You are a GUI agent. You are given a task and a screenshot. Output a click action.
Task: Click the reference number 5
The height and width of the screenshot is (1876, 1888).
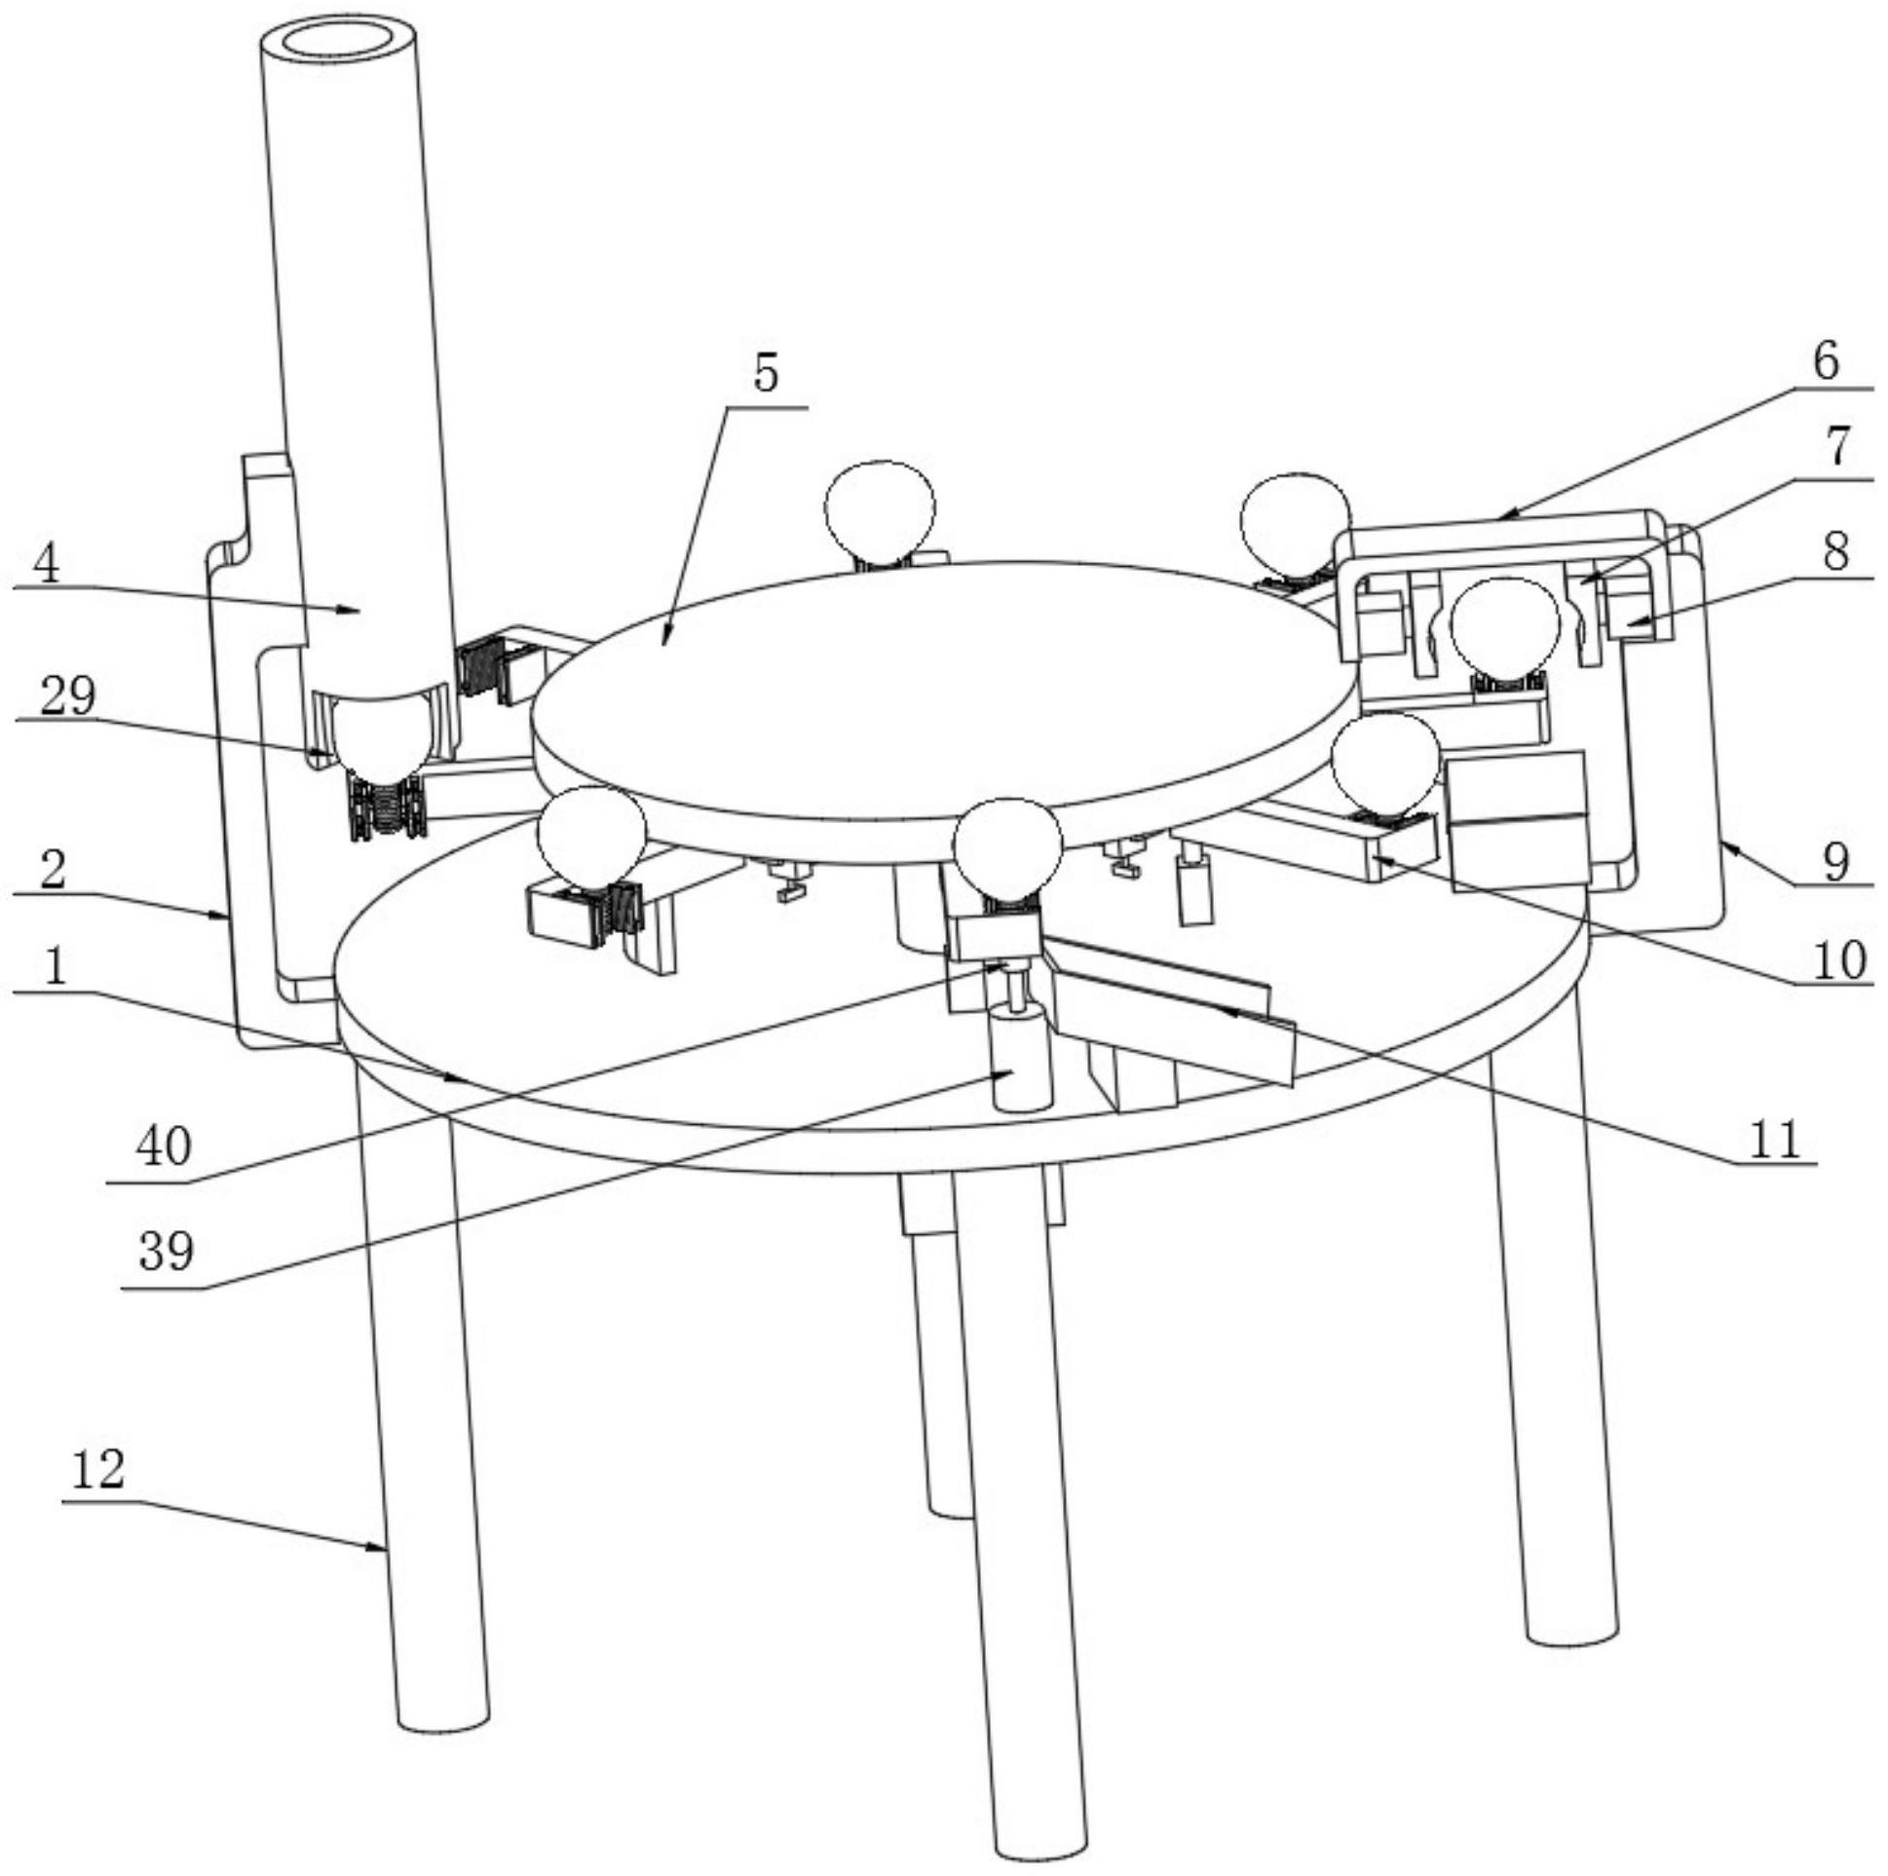[x=765, y=373]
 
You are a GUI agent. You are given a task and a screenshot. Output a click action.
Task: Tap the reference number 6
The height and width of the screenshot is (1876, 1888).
[x=1825, y=360]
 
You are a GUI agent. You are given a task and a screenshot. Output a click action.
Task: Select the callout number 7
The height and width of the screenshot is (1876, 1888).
[x=1837, y=447]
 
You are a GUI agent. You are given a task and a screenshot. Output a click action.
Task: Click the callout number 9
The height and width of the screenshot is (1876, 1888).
[x=1835, y=860]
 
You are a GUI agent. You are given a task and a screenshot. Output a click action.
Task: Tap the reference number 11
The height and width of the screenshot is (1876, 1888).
[x=1774, y=1139]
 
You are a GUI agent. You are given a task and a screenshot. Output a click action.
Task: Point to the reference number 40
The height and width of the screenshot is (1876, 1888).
[x=164, y=1146]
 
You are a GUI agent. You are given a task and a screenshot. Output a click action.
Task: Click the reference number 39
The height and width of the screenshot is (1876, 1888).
[x=167, y=1251]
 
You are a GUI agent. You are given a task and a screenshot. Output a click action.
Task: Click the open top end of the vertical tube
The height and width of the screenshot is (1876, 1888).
[x=341, y=44]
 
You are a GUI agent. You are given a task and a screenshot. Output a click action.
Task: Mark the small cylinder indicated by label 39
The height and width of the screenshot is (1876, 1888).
[x=1021, y=1060]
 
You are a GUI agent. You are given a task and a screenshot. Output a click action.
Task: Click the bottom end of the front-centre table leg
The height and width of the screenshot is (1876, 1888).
[x=1040, y=1842]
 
